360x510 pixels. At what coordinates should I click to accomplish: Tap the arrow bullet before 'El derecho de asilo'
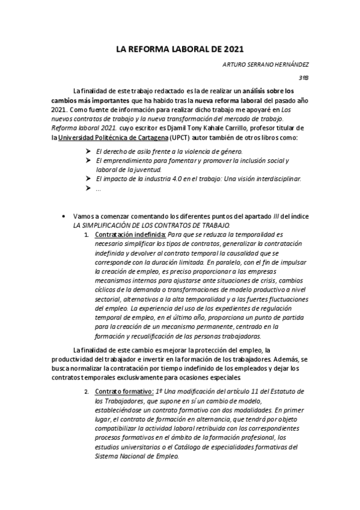tap(89, 152)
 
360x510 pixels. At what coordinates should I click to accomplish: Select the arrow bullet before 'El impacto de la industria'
tap(89, 179)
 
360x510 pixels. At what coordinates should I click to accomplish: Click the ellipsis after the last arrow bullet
tap(99, 189)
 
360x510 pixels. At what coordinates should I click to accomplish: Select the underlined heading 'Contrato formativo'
tap(122, 392)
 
